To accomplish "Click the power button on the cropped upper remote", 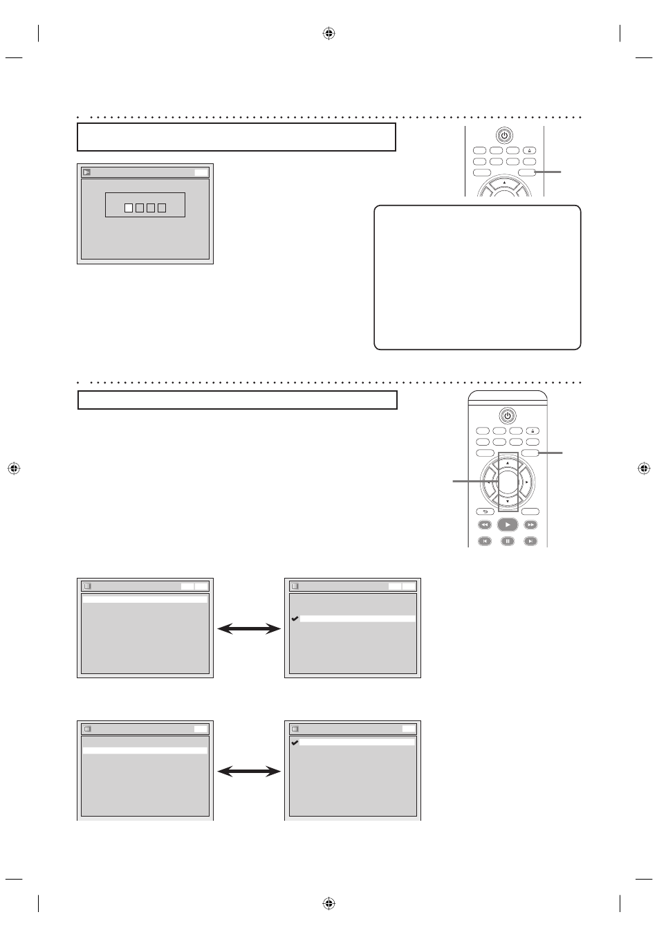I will tap(504, 136).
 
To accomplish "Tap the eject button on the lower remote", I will tap(532, 430).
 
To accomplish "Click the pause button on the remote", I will tap(508, 541).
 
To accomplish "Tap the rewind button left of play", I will tap(484, 525).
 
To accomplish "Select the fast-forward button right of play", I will tap(530, 525).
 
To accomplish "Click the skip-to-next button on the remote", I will tap(530, 541).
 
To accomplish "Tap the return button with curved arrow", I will tap(484, 511).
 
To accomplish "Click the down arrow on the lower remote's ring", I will tap(508, 501).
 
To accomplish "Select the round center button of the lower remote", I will tap(508, 481).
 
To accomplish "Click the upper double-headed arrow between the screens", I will tap(249, 628).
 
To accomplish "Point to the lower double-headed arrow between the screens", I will tap(249, 772).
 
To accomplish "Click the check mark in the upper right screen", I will tap(295, 619).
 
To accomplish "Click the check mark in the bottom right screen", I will tap(295, 742).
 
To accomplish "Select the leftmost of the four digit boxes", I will tap(129, 208).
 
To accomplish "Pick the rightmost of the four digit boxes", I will tap(162, 208).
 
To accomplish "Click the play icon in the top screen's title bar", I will tap(86, 172).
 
